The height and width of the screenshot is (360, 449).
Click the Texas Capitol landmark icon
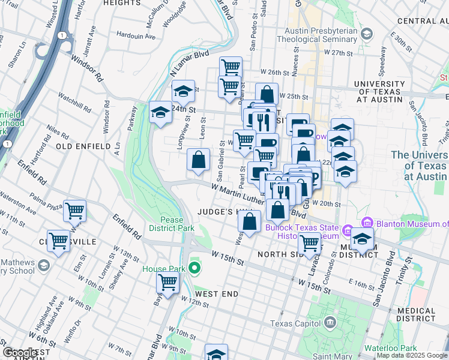coord(330,323)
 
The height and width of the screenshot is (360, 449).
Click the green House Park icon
coord(193,268)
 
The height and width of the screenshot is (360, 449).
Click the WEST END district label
coord(216,294)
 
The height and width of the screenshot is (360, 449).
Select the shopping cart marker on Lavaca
coord(309,243)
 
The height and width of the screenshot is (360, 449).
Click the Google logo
coord(21,353)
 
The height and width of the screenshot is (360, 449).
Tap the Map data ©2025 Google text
coord(412,355)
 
